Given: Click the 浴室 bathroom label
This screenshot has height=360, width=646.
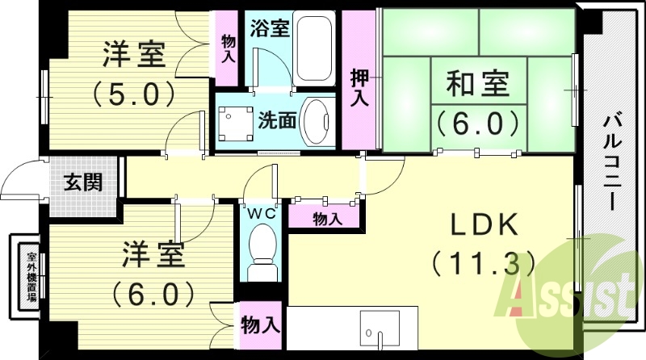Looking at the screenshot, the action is (x=271, y=27).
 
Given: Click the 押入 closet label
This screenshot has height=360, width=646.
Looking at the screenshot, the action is (x=359, y=88).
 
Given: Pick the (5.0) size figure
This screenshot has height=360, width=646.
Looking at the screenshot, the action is (x=132, y=95).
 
